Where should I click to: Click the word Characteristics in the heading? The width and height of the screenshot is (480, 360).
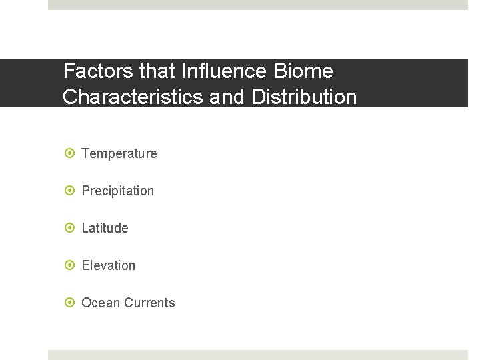tap(133, 97)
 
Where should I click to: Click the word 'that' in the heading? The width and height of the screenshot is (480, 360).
tap(161, 71)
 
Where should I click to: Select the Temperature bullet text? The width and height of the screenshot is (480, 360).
tap(119, 153)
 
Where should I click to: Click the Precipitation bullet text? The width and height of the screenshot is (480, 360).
tap(117, 191)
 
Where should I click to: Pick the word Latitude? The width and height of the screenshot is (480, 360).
tap(105, 228)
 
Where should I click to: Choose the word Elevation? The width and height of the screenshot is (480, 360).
tap(108, 265)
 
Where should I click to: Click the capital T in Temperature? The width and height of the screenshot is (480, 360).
tap(85, 153)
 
